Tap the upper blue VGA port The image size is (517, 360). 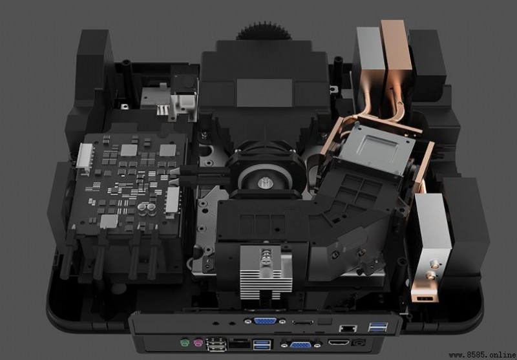(265, 321)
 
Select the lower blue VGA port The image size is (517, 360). (301, 344)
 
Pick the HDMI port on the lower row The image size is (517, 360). (338, 343)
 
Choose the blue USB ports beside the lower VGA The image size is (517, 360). (262, 345)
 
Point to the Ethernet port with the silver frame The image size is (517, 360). (348, 328)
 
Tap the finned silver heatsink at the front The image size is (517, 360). (266, 272)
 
